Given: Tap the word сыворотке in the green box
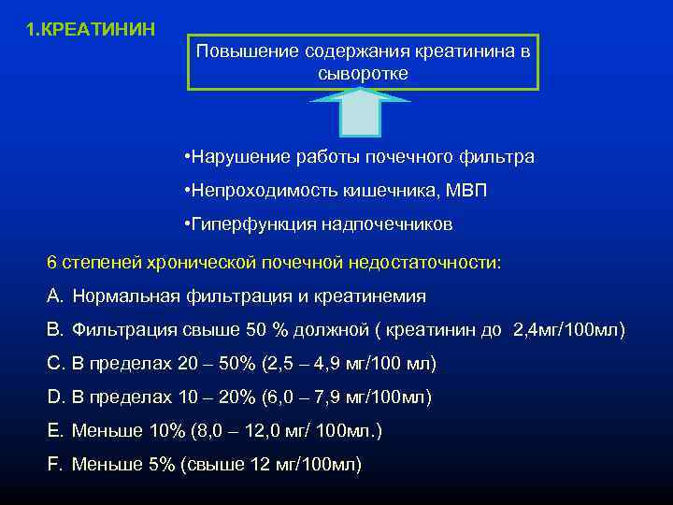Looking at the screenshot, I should (x=363, y=73).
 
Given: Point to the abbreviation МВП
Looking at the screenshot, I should (x=465, y=191).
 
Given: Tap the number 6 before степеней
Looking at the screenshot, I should (x=52, y=262).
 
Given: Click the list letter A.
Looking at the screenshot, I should (x=53, y=296).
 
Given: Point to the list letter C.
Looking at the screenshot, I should (x=53, y=363).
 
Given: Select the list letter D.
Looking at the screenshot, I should (x=53, y=397).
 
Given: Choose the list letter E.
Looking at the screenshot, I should (x=53, y=430).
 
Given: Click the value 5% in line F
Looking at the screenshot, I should (x=163, y=464).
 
